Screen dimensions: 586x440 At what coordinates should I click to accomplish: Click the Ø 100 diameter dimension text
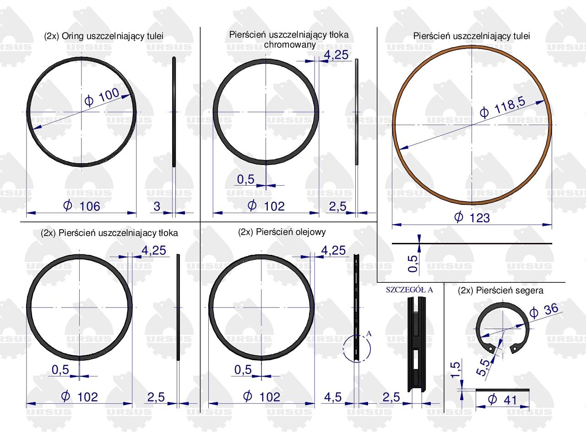(102, 97)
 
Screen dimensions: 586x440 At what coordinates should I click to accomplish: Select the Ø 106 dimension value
(81, 206)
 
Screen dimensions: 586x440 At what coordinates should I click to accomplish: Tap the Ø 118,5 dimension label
(502, 107)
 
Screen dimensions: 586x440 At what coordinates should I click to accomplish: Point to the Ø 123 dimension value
(472, 217)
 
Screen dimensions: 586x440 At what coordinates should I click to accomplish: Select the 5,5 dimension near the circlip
(483, 367)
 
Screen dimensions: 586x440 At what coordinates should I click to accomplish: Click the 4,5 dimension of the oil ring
(333, 397)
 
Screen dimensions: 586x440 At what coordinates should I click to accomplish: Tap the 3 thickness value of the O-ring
(157, 206)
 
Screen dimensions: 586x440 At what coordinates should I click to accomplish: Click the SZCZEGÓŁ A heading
(409, 290)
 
